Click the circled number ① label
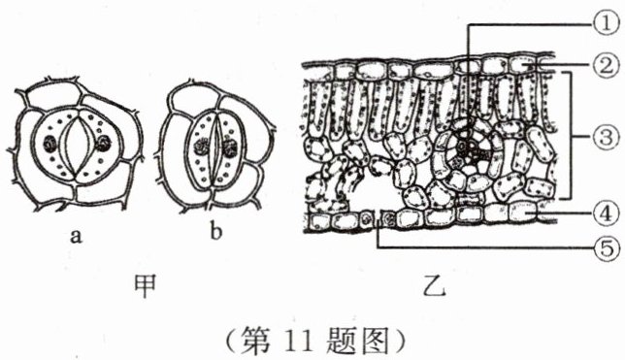pos(606,23)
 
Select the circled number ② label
pos(606,65)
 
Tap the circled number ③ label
pos(606,137)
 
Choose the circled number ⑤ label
pos(606,248)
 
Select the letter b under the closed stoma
pos(215,231)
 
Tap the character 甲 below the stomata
pos(145,287)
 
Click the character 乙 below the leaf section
pos(434,286)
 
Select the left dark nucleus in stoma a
pos(50,144)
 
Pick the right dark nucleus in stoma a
pos(104,143)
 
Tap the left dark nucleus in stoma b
pos(201,148)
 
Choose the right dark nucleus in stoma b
pos(230,148)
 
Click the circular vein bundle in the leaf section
pos(468,153)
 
